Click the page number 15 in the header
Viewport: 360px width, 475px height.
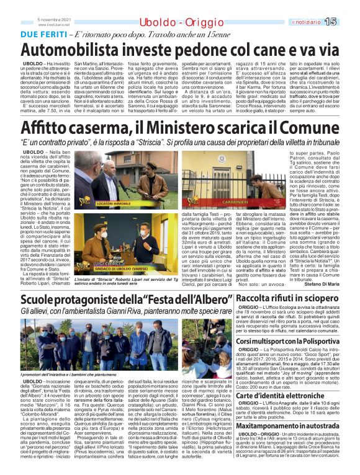point(348,22)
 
